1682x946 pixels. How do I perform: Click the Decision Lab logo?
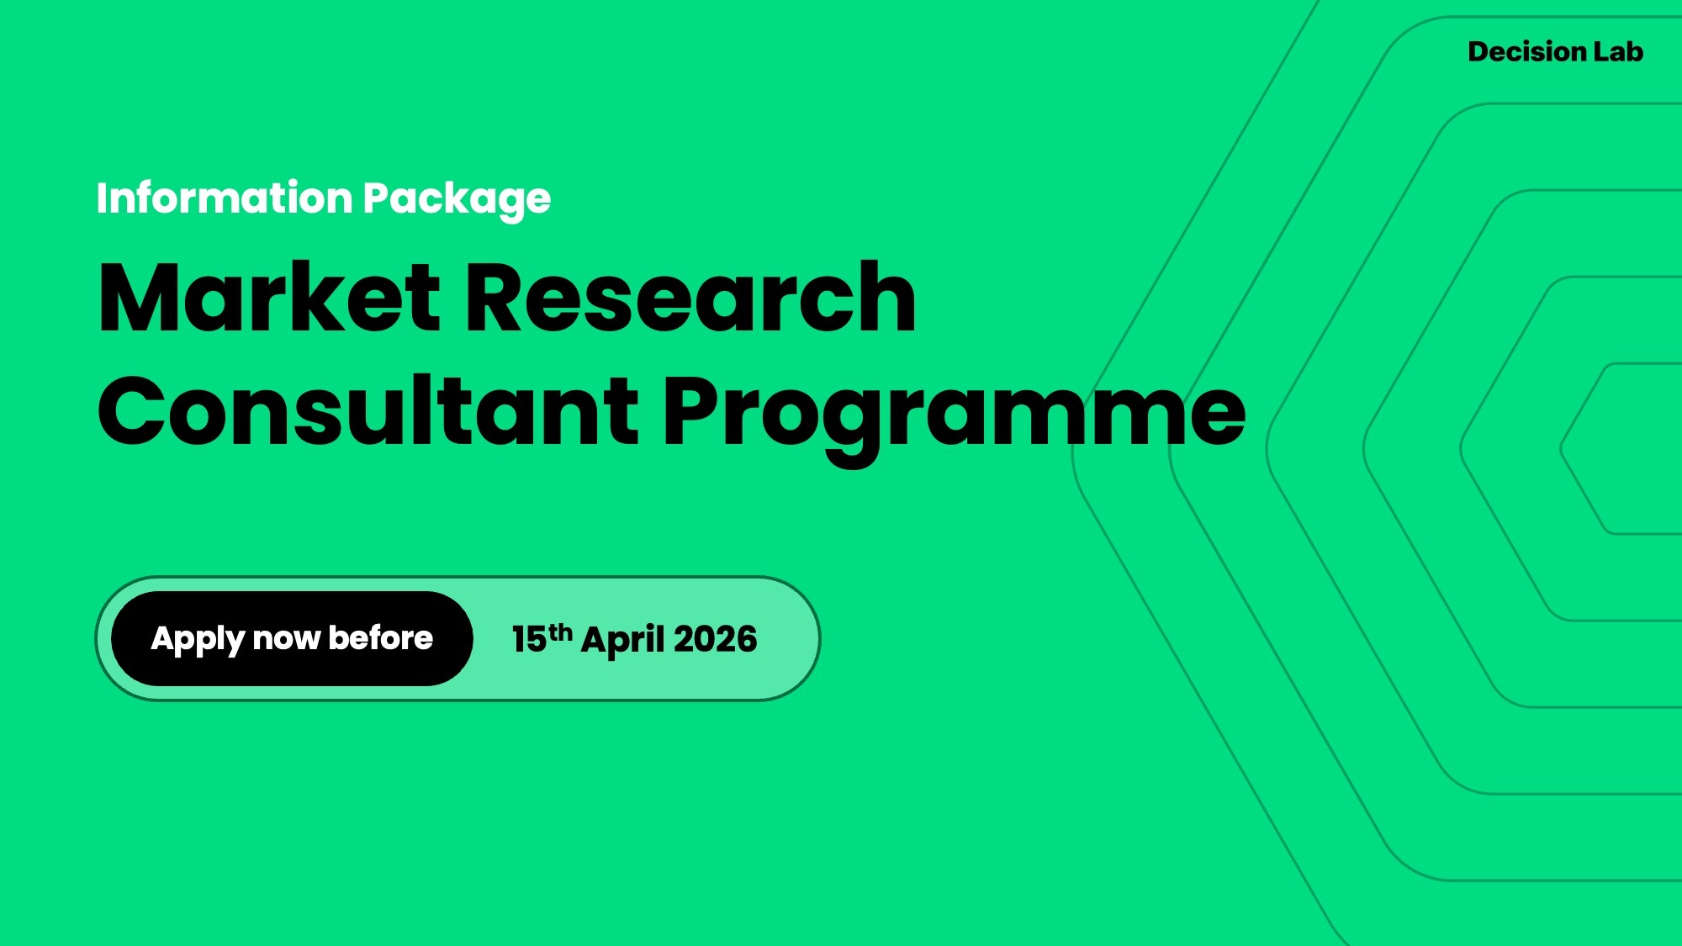click(x=1555, y=51)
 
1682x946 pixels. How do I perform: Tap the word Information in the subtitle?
click(x=225, y=198)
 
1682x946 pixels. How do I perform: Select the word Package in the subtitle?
click(x=457, y=201)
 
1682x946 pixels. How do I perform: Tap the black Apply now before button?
click(x=292, y=638)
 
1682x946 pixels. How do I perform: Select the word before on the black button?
click(x=381, y=637)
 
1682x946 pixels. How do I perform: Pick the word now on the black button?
click(x=286, y=641)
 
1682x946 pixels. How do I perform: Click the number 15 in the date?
click(x=529, y=640)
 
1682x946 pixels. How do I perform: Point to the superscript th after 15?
click(x=560, y=632)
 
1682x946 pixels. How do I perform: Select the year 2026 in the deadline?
click(x=715, y=640)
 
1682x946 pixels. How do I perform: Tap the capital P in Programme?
click(x=694, y=411)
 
